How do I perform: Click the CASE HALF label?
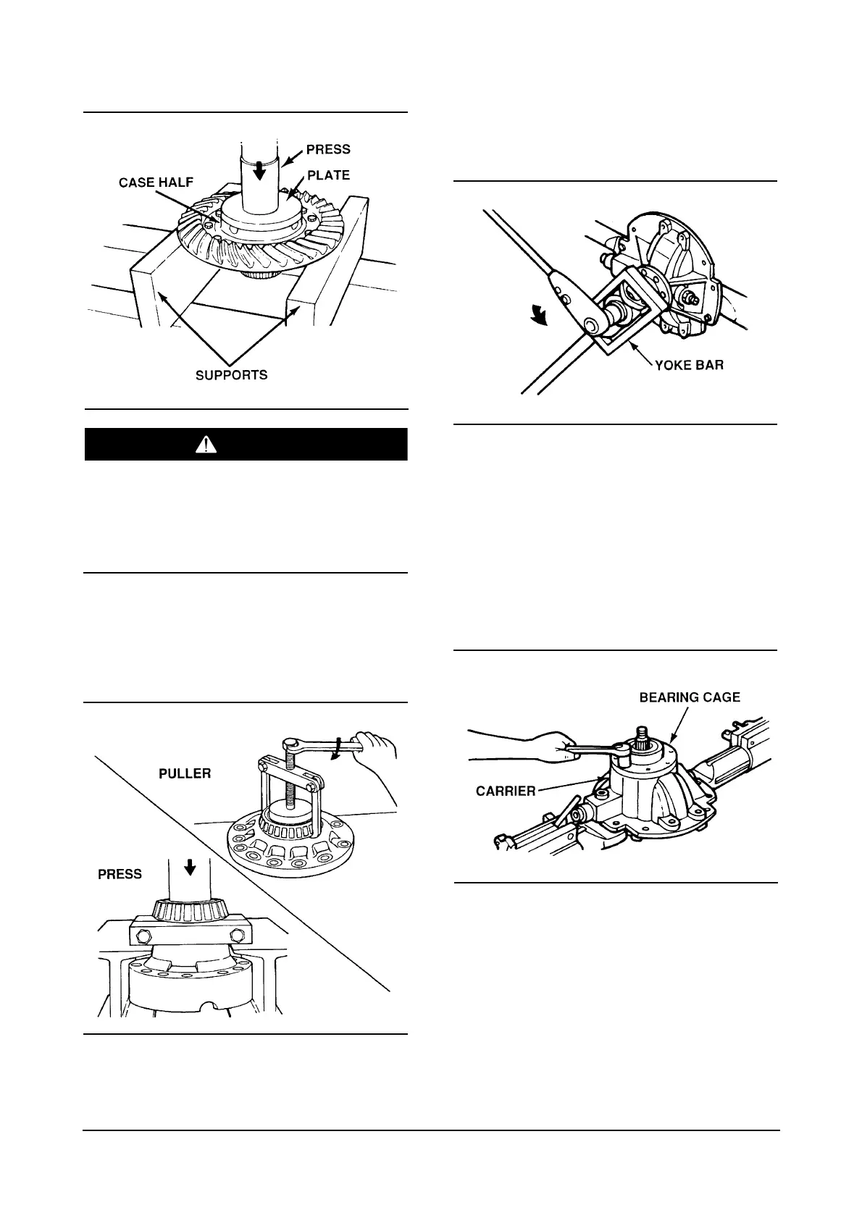tap(156, 182)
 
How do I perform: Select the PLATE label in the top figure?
tap(328, 175)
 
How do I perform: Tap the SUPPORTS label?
tap(232, 375)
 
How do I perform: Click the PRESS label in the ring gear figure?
tap(328, 149)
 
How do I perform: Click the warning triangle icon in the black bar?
tap(206, 445)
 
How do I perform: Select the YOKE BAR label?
tap(689, 365)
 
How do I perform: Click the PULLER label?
tap(185, 773)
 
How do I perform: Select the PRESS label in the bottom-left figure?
tap(120, 874)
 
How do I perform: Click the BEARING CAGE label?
tap(690, 697)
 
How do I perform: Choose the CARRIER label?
tap(506, 791)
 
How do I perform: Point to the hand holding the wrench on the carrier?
tap(536, 747)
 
